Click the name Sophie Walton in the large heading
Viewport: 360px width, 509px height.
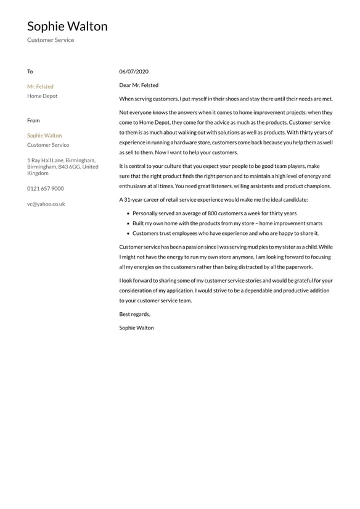click(67, 27)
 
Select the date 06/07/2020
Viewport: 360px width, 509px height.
click(134, 72)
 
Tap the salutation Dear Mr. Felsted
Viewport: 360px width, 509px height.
click(139, 85)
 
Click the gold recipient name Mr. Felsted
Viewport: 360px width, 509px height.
click(40, 86)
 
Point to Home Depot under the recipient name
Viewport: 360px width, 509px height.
click(42, 96)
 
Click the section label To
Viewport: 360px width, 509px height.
click(30, 72)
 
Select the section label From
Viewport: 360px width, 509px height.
click(33, 120)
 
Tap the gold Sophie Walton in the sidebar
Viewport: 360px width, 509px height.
click(44, 135)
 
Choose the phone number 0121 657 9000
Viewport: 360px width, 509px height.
click(45, 188)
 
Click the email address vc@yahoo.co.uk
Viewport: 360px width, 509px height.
click(46, 204)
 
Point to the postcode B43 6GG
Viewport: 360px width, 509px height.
click(67, 167)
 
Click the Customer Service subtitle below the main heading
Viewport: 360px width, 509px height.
click(51, 40)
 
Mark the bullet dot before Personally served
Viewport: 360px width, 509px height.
click(128, 213)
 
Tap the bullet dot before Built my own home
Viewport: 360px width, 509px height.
click(128, 223)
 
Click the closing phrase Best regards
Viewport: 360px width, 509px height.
click(134, 314)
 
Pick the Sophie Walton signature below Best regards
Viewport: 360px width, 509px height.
click(136, 328)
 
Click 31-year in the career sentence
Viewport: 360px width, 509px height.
click(136, 200)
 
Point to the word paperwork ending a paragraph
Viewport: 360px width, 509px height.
click(299, 267)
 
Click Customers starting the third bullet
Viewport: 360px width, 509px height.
click(145, 233)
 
